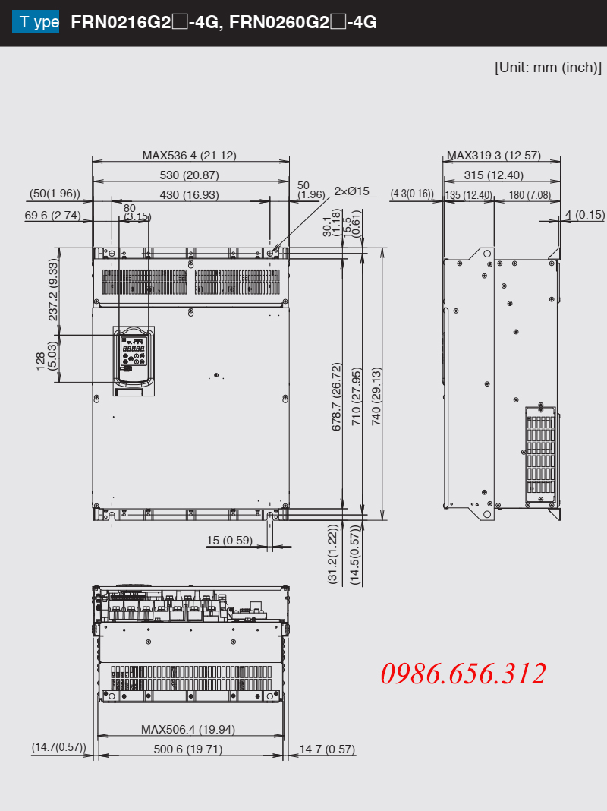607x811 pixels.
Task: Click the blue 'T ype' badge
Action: [x=36, y=22]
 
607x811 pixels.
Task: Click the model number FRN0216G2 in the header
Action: [x=121, y=22]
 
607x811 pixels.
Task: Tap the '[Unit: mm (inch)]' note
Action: [x=548, y=68]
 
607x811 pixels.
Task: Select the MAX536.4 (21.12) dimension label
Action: [x=190, y=155]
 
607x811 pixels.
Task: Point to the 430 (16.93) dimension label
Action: [x=189, y=195]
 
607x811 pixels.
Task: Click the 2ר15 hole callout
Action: [x=351, y=191]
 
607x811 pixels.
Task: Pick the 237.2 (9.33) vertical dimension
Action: [x=52, y=289]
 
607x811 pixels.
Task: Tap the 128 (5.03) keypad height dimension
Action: [x=46, y=356]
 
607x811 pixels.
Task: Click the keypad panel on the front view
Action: [x=134, y=357]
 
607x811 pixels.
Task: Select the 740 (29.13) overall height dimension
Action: [x=376, y=396]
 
